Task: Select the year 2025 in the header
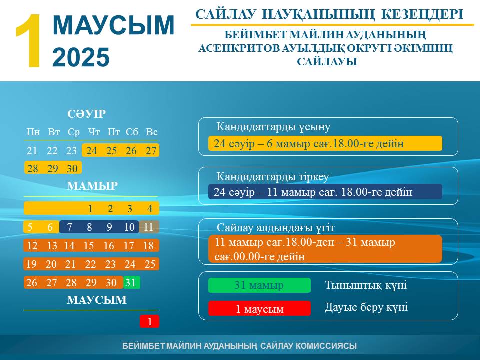(x=81, y=57)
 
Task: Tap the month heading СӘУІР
(x=86, y=114)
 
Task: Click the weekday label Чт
(x=94, y=132)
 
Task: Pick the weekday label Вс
(x=152, y=132)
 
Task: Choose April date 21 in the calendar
(x=32, y=150)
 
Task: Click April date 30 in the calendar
(x=72, y=168)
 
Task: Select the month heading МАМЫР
(x=92, y=186)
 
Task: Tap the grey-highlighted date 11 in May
(x=149, y=227)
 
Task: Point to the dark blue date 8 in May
(x=89, y=227)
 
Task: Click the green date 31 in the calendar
(x=131, y=282)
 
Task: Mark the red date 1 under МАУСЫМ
(x=149, y=321)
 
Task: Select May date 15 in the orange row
(x=89, y=245)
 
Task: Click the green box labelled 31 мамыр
(x=259, y=285)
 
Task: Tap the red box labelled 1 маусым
(x=259, y=308)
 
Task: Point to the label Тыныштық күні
(x=366, y=285)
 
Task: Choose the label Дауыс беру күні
(x=366, y=307)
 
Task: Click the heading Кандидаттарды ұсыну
(x=273, y=126)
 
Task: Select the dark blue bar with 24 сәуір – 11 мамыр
(x=325, y=192)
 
